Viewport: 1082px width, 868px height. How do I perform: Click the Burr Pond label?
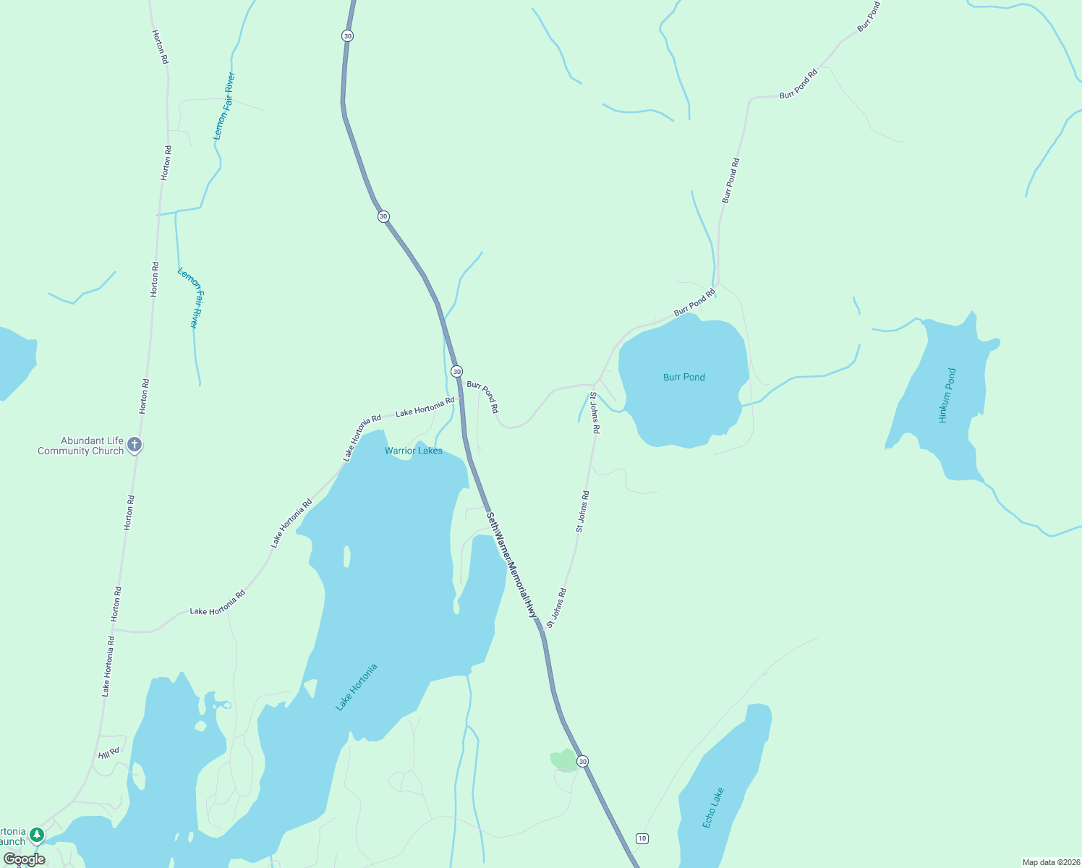[683, 377]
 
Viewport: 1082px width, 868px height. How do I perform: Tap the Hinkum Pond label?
[947, 395]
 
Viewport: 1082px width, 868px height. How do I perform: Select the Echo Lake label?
[712, 808]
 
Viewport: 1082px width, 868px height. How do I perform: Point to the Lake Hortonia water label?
[357, 687]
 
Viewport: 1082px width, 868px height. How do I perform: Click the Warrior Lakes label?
[413, 451]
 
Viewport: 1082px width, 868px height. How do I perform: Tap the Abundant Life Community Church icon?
[135, 446]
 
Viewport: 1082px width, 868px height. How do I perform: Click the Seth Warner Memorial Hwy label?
[513, 565]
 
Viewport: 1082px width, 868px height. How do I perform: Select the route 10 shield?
[642, 838]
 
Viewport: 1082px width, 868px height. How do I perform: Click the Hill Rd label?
[108, 754]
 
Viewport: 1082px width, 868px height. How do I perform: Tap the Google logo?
[25, 859]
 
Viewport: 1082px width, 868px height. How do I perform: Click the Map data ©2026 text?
[1050, 862]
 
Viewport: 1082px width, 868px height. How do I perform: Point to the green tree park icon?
[37, 835]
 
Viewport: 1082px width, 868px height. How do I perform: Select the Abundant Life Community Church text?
[81, 446]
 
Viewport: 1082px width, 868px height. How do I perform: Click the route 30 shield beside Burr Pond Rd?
[456, 371]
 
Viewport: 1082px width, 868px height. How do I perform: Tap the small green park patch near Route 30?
[563, 760]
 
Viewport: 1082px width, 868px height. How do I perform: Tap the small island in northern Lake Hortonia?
[347, 556]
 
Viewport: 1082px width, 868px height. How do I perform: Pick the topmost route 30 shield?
[348, 35]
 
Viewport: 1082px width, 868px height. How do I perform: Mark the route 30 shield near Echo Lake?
[583, 761]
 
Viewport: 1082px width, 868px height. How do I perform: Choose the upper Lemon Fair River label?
[224, 106]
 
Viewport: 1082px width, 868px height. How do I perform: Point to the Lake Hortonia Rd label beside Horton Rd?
[107, 666]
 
